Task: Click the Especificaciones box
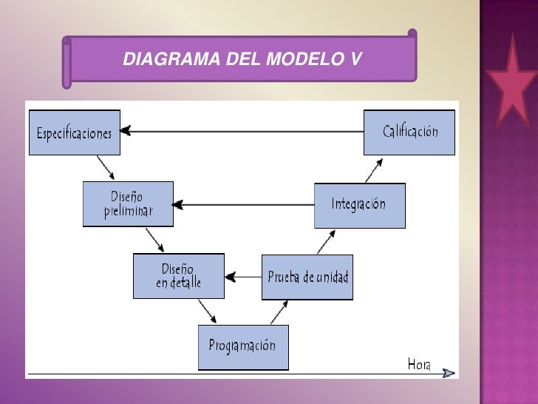[74, 132]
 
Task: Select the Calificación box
[409, 132]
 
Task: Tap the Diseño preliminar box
[129, 204]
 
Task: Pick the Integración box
[359, 205]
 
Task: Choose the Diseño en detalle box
[178, 276]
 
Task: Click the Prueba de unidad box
[307, 277]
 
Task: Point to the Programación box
[242, 346]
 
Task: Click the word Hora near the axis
[419, 363]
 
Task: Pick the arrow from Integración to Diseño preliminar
[244, 204]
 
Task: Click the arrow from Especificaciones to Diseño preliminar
[106, 167]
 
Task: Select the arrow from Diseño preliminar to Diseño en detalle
[154, 239]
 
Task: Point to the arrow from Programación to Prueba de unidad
[279, 312]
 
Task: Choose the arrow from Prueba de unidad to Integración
[326, 241]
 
